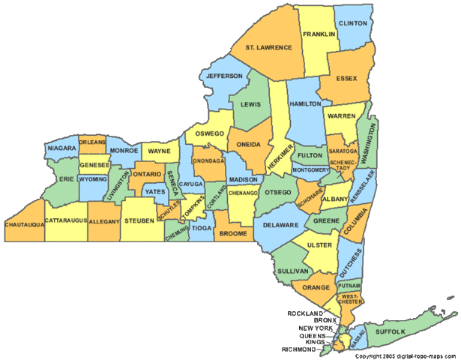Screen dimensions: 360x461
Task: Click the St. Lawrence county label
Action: (x=268, y=47)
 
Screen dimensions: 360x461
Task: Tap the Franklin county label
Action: (x=319, y=34)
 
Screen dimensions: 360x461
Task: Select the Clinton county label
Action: (x=352, y=23)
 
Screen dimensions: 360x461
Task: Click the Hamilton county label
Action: (x=305, y=103)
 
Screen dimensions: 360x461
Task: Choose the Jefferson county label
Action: (x=224, y=76)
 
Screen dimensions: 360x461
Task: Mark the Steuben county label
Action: (x=140, y=220)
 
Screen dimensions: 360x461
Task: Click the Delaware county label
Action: (x=280, y=224)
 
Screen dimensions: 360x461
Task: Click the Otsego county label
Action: (x=277, y=190)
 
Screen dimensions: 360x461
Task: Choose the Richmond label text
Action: (x=298, y=349)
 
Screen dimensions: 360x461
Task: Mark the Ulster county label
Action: (x=319, y=244)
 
